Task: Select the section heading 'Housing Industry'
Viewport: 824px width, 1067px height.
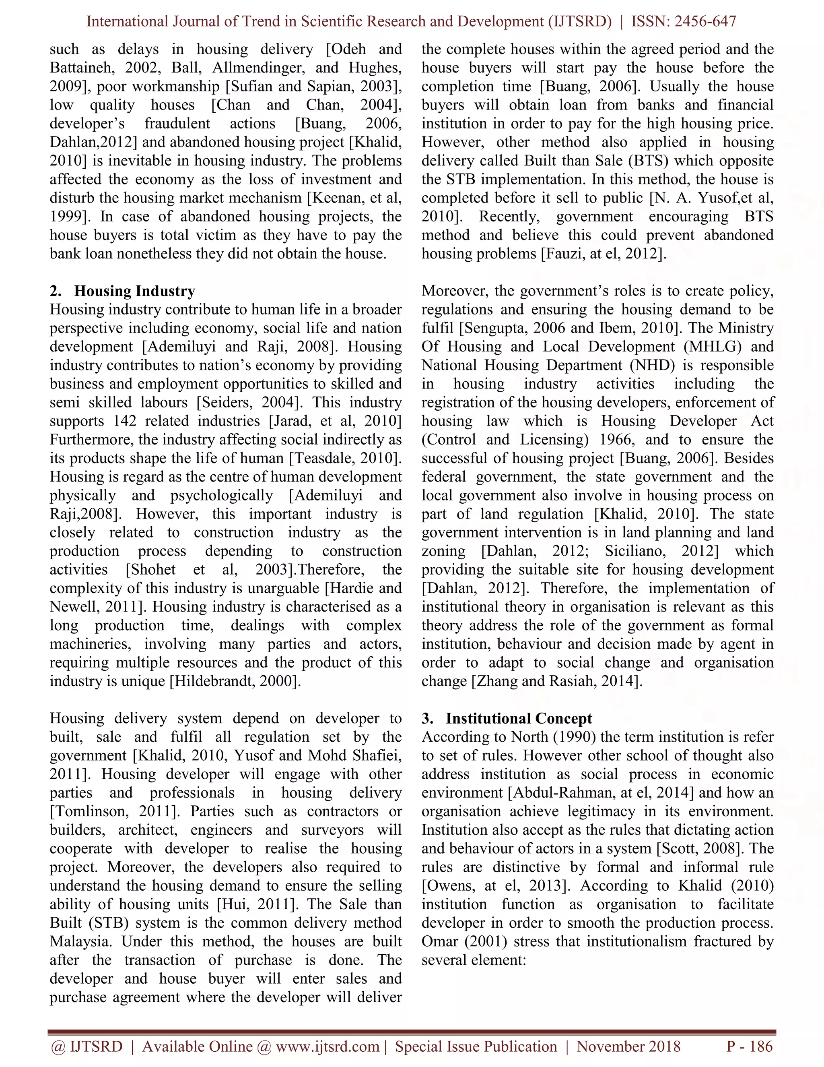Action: pyautogui.click(x=134, y=291)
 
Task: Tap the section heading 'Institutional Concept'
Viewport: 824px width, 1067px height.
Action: pyautogui.click(x=518, y=719)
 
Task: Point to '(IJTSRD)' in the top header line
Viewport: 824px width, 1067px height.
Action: pyautogui.click(x=579, y=21)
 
